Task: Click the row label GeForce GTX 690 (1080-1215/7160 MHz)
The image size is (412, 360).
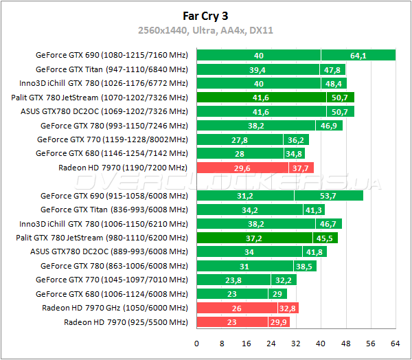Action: click(x=111, y=56)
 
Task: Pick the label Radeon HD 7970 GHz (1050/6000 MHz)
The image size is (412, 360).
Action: click(x=115, y=308)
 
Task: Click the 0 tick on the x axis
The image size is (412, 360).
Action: click(x=197, y=343)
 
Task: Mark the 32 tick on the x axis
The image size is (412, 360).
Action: click(x=296, y=343)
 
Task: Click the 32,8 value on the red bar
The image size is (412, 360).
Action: click(x=288, y=308)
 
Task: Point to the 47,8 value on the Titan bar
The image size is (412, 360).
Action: click(x=332, y=69)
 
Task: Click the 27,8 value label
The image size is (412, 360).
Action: click(x=240, y=139)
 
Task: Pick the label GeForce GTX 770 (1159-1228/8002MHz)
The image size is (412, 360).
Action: click(x=112, y=139)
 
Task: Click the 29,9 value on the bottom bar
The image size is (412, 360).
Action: click(x=279, y=322)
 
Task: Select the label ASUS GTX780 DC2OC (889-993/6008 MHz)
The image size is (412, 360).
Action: click(x=108, y=251)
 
